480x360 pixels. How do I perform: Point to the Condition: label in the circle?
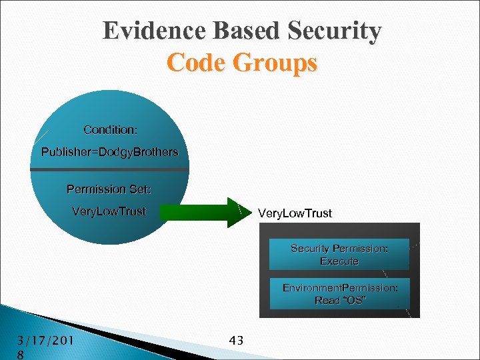point(110,129)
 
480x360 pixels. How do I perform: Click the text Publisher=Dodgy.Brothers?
point(110,152)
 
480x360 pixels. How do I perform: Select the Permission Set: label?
point(109,189)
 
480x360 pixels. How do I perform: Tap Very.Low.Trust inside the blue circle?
point(109,212)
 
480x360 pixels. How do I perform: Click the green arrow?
point(203,213)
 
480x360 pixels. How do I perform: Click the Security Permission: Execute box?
point(339,255)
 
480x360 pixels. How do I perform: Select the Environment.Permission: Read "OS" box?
point(339,294)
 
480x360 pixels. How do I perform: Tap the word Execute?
point(339,261)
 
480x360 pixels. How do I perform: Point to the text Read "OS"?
point(339,301)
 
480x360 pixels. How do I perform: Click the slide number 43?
point(236,341)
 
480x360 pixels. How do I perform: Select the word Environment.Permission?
point(340,287)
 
